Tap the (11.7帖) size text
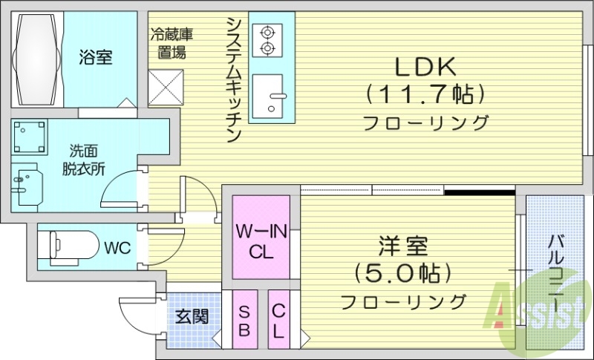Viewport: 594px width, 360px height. (425, 94)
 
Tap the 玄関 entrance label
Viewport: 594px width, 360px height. (192, 317)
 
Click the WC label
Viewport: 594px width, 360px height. (117, 246)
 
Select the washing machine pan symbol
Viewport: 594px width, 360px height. (29, 136)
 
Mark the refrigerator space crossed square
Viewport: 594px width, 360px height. (166, 87)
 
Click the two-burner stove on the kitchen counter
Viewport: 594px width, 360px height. (266, 40)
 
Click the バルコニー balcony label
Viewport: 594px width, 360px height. (556, 275)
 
